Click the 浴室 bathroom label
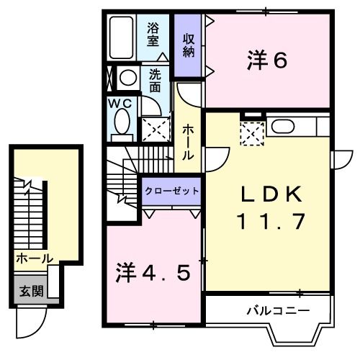(153, 35)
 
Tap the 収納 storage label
(189, 45)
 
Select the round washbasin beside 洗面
(130, 77)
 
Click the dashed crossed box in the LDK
(252, 133)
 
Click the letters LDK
(267, 194)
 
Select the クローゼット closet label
(171, 192)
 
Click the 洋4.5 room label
(153, 273)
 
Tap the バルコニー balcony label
(278, 311)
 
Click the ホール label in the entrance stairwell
(33, 257)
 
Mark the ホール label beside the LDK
(188, 142)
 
